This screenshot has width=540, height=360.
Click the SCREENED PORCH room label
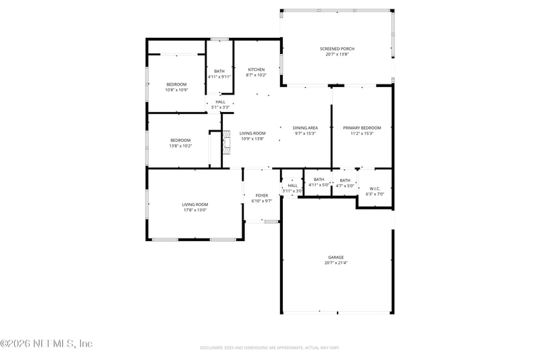[337, 49]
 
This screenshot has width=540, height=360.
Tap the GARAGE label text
[336, 257]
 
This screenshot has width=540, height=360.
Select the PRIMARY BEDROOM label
[362, 128]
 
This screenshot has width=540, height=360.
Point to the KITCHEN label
[256, 70]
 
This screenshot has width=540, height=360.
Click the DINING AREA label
[305, 128]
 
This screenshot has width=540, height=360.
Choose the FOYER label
[261, 195]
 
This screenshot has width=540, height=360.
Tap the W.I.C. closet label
[375, 188]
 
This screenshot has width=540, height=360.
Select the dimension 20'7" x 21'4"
[336, 263]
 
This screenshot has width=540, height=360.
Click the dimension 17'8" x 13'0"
[194, 210]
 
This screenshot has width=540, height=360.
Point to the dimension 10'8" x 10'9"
[176, 90]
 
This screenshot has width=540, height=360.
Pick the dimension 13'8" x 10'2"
[180, 146]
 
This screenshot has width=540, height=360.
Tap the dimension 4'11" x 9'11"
[219, 77]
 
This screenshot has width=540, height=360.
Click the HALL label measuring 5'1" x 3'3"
[221, 101]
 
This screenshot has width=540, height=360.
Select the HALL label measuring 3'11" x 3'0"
[292, 185]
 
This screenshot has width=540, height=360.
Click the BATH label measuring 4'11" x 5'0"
[319, 179]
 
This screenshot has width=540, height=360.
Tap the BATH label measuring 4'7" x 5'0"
[345, 180]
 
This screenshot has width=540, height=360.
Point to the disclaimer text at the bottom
[269, 347]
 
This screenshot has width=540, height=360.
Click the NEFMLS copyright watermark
[46, 343]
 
